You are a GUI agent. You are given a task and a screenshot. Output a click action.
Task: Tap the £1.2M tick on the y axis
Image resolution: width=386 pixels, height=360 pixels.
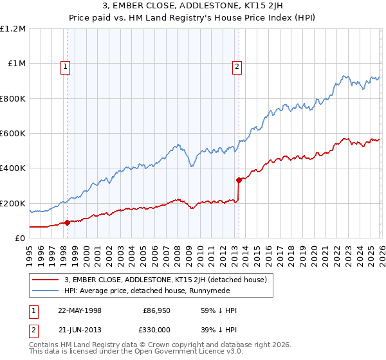(14, 29)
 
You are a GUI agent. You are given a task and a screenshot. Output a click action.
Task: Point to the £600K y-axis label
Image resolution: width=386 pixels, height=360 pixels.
(14, 134)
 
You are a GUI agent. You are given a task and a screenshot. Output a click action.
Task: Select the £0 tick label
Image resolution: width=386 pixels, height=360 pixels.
(20, 238)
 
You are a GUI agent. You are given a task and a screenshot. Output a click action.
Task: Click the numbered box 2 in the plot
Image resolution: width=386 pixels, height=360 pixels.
(237, 65)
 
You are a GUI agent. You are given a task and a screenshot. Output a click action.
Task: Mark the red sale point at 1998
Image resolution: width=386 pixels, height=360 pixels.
(67, 223)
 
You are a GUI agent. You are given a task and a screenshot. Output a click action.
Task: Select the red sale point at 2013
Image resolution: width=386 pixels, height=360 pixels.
(238, 180)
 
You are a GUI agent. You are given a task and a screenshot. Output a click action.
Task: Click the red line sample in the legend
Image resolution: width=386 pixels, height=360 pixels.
(46, 280)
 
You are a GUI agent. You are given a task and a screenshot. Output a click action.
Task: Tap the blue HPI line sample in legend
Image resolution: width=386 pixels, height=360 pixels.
(46, 291)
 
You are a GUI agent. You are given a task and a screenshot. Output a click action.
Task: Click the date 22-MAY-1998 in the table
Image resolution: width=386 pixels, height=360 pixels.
(80, 310)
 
